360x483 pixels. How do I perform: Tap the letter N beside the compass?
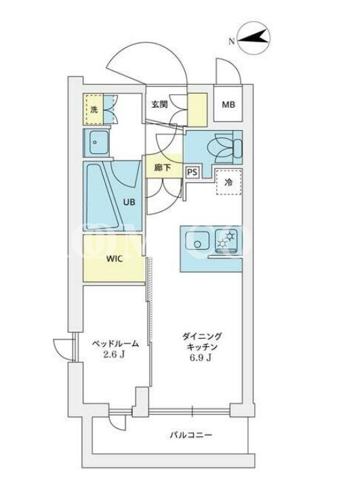[x=231, y=41]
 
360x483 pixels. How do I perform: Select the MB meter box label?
[x=228, y=105]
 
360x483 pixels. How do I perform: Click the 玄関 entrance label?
[x=159, y=104]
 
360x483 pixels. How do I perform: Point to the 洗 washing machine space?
[x=94, y=109]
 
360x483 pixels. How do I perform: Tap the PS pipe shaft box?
[x=192, y=172]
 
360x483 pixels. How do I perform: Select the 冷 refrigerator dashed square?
[x=228, y=182]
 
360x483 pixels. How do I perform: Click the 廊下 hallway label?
[x=163, y=168]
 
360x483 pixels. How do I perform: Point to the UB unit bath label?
[x=129, y=203]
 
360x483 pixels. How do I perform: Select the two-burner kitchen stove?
[x=227, y=240]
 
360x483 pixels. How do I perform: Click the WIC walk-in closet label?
[x=115, y=259]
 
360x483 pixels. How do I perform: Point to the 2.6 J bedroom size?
[x=114, y=355]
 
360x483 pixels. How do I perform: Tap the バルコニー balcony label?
[x=191, y=436]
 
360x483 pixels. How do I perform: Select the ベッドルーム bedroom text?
[x=116, y=343]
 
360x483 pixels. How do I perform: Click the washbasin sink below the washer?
[x=96, y=143]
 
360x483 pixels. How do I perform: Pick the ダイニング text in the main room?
[x=202, y=337]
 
